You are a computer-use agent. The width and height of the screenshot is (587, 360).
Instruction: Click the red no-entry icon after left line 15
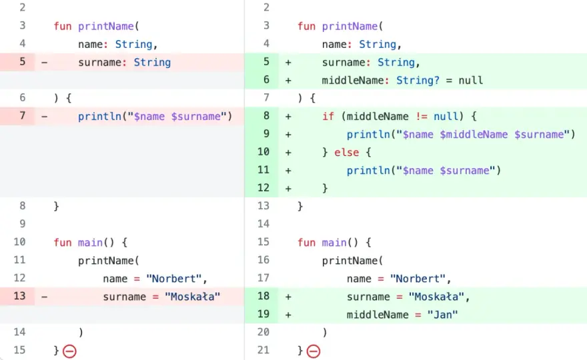pos(69,351)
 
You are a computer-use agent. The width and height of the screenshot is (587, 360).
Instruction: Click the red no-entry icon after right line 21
pos(314,351)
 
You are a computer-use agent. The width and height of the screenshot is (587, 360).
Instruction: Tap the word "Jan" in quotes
pos(442,315)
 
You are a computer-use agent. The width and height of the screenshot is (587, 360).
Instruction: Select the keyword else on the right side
pos(346,152)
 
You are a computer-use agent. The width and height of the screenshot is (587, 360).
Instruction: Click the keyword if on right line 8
pos(328,117)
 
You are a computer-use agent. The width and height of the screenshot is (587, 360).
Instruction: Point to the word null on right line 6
pos(470,81)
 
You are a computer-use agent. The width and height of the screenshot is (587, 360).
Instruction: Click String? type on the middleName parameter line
pos(418,81)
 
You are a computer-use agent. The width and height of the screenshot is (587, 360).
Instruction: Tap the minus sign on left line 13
pos(44,297)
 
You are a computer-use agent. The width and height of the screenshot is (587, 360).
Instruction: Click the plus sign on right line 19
pos(288,315)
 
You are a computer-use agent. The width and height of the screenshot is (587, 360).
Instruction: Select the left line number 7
pos(23,115)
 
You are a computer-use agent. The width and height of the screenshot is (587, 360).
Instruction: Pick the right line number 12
pos(263,187)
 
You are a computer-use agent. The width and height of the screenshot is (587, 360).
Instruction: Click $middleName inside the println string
pos(474,135)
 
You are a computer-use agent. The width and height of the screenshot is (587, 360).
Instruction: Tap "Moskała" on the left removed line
pos(192,297)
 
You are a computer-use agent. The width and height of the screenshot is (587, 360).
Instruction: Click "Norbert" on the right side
pos(418,279)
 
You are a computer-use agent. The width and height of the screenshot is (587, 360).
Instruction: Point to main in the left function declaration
pos(90,243)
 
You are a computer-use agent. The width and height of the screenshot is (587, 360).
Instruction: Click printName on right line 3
pos(350,26)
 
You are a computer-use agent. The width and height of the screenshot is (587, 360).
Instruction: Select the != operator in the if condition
pos(422,117)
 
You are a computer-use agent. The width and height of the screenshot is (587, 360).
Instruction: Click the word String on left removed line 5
pos(152,63)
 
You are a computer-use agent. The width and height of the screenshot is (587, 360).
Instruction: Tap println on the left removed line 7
pos(99,117)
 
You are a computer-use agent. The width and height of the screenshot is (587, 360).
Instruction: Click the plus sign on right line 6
pos(288,81)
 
